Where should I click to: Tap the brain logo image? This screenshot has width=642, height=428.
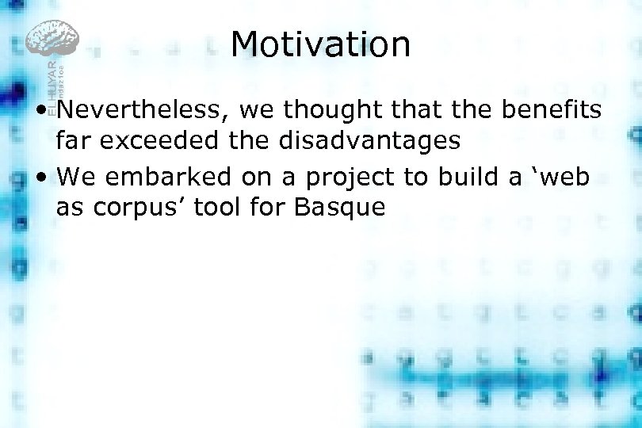(52, 39)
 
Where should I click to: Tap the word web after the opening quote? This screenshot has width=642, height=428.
(564, 176)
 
